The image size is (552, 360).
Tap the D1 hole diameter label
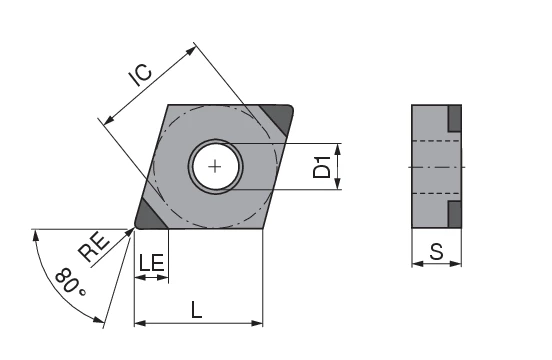tap(321, 166)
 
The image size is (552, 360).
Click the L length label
tap(197, 309)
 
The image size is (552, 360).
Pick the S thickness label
tap(436, 252)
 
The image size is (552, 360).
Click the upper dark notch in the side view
tap(454, 118)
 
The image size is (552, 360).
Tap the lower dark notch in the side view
tap(454, 213)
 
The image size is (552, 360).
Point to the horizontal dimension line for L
tap(198, 324)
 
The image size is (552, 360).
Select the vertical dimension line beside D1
tap(339, 166)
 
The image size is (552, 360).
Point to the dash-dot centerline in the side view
tap(437, 166)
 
